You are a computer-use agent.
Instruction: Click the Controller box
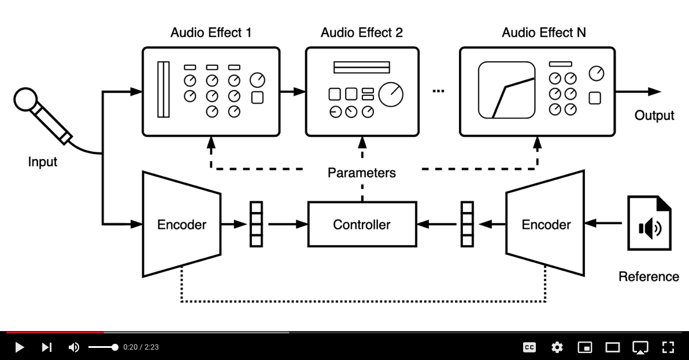tap(362, 224)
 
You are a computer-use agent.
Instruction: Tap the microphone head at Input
tap(25, 99)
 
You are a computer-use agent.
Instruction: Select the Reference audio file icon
tap(649, 223)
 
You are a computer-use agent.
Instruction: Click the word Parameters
tap(362, 173)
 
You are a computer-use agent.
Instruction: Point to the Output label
tap(654, 116)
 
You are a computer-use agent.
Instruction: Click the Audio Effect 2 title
tap(362, 32)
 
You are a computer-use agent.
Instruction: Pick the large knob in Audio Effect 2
tap(391, 94)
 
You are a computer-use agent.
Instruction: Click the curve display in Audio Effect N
tap(507, 90)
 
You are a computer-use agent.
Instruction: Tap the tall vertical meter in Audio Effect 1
tap(164, 90)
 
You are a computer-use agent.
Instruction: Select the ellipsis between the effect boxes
tap(438, 91)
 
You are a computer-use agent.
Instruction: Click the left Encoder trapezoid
tap(181, 224)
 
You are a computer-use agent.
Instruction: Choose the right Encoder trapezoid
tap(545, 224)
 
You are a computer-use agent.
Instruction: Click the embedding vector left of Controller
tap(256, 224)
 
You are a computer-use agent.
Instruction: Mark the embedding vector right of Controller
tap(467, 224)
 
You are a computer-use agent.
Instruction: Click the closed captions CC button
tap(529, 347)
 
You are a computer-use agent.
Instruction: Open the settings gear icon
tap(557, 347)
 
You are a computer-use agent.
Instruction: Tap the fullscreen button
tap(668, 347)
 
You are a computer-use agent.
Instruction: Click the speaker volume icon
tap(74, 347)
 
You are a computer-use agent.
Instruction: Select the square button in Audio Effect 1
tap(257, 98)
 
